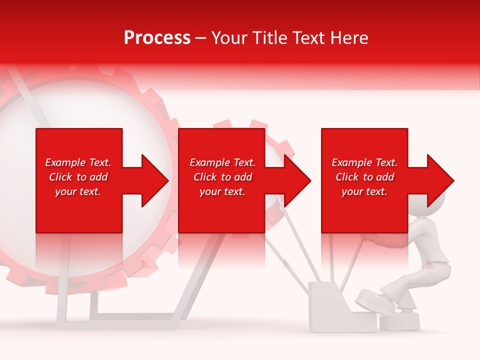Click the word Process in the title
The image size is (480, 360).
click(x=157, y=38)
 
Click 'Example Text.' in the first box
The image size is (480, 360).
click(x=78, y=162)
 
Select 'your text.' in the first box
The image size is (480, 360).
click(x=78, y=191)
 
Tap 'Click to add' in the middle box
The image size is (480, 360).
click(x=222, y=177)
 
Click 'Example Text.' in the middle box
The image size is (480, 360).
click(x=222, y=162)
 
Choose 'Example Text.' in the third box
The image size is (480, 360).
click(x=364, y=162)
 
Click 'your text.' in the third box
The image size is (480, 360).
click(x=364, y=191)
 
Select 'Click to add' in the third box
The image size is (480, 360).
click(x=364, y=177)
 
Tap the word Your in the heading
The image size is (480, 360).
click(x=230, y=38)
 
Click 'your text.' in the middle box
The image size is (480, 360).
click(x=222, y=191)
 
